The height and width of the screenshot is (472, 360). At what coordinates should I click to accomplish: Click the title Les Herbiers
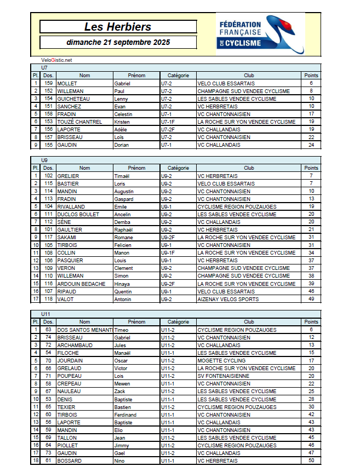point(118,27)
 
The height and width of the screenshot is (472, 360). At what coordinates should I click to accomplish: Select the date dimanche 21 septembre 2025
point(118,42)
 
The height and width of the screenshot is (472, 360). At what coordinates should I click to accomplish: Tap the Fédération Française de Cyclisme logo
point(260,33)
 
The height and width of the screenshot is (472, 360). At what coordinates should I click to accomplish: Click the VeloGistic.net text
point(56,60)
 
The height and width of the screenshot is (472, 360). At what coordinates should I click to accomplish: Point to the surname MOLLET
point(67,83)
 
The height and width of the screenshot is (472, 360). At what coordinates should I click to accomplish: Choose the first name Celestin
point(123,114)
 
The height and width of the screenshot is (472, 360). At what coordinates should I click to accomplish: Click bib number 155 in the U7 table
point(48,145)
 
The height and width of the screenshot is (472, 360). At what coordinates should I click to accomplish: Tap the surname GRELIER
point(68,176)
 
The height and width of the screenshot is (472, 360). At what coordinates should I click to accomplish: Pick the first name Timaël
point(122,176)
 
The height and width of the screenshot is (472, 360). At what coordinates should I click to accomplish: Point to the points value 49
point(311,300)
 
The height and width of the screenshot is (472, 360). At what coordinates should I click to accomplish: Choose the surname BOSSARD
point(69,461)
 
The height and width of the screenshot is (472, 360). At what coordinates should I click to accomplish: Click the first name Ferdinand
point(125,415)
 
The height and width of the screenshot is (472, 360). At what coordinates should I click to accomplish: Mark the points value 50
point(311,461)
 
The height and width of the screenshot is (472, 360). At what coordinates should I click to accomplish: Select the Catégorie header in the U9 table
point(178,168)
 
